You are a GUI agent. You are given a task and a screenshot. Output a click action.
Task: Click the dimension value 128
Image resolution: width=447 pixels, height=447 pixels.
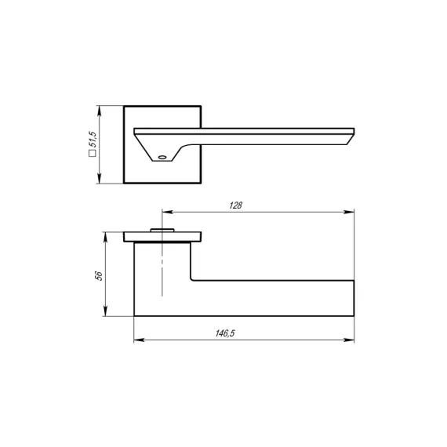[236, 205]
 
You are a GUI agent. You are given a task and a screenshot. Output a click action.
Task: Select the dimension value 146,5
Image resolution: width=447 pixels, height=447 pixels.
[225, 333]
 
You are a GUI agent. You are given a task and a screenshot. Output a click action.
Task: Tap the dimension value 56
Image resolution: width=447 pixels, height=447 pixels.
[99, 276]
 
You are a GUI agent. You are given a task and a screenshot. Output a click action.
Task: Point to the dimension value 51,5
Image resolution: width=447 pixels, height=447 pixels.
[93, 140]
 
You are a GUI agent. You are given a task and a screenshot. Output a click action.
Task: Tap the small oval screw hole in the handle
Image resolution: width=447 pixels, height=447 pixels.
[162, 157]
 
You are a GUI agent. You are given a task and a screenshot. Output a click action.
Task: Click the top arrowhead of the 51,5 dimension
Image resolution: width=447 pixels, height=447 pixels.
[100, 111]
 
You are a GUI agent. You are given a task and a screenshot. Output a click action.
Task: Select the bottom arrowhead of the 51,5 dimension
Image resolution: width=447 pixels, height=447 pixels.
[100, 178]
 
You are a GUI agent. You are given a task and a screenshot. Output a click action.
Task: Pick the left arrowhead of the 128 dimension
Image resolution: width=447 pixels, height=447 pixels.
[167, 212]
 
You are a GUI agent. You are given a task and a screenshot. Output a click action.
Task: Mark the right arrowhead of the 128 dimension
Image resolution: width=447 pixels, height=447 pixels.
[349, 212]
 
